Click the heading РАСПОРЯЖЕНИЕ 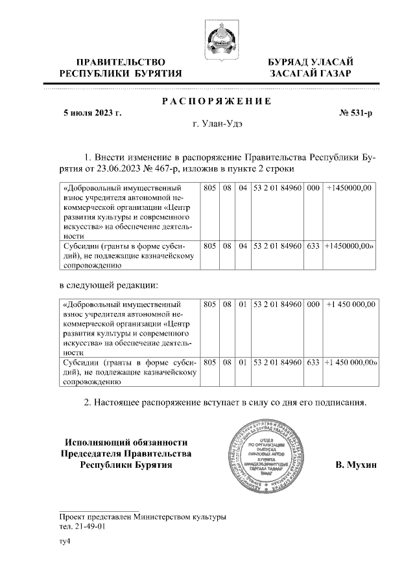216,102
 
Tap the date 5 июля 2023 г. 91,114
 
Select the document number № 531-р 356,114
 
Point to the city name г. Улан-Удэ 215,125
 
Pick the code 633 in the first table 313,246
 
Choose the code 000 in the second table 313,303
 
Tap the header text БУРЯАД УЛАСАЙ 312,62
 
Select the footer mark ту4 64,542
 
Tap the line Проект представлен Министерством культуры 142,517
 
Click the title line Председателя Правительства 126,453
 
